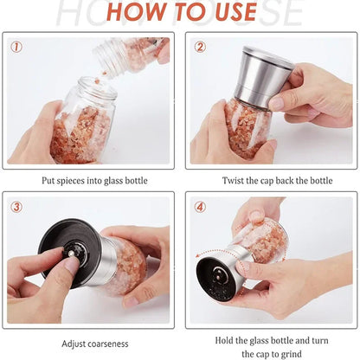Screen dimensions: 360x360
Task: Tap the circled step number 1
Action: (17, 47)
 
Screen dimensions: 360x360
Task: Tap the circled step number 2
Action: (201, 47)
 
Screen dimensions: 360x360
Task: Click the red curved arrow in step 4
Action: (206, 264)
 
